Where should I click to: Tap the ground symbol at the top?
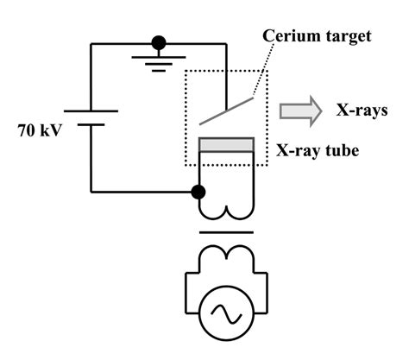(158, 62)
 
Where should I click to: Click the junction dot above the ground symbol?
(158, 41)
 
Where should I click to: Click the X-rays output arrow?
(299, 109)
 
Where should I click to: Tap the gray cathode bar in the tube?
(226, 144)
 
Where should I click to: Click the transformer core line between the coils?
(226, 232)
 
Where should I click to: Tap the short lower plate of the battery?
(92, 124)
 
